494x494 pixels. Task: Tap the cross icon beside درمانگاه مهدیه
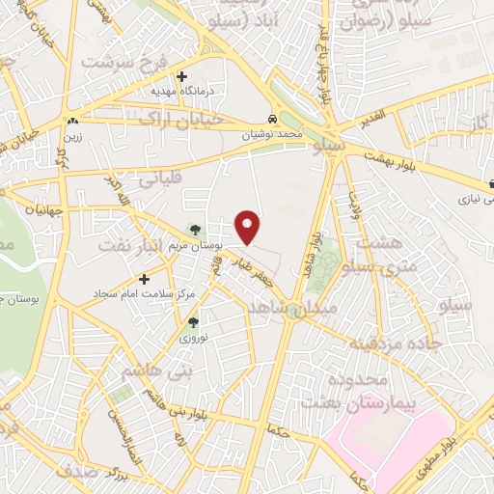pos(181,76)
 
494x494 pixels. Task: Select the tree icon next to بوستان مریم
pos(196,231)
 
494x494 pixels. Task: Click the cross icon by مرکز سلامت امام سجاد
pos(145,280)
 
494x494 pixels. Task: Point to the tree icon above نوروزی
pos(192,323)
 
